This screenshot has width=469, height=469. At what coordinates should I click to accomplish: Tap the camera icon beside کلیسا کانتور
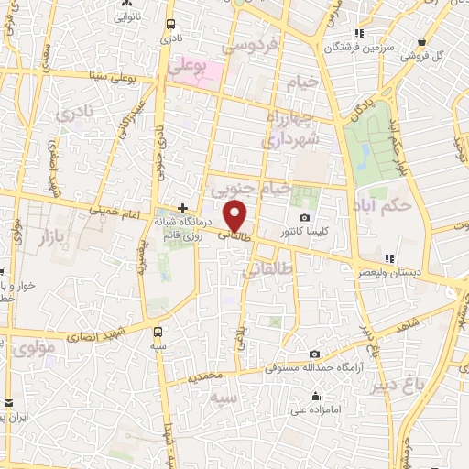304,217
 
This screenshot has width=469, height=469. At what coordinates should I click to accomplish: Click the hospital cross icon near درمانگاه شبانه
183,208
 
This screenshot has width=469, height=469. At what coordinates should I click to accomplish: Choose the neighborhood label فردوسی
263,44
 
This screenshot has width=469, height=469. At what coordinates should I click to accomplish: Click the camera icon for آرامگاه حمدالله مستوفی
314,354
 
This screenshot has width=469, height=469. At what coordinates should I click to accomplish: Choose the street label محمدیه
205,376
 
